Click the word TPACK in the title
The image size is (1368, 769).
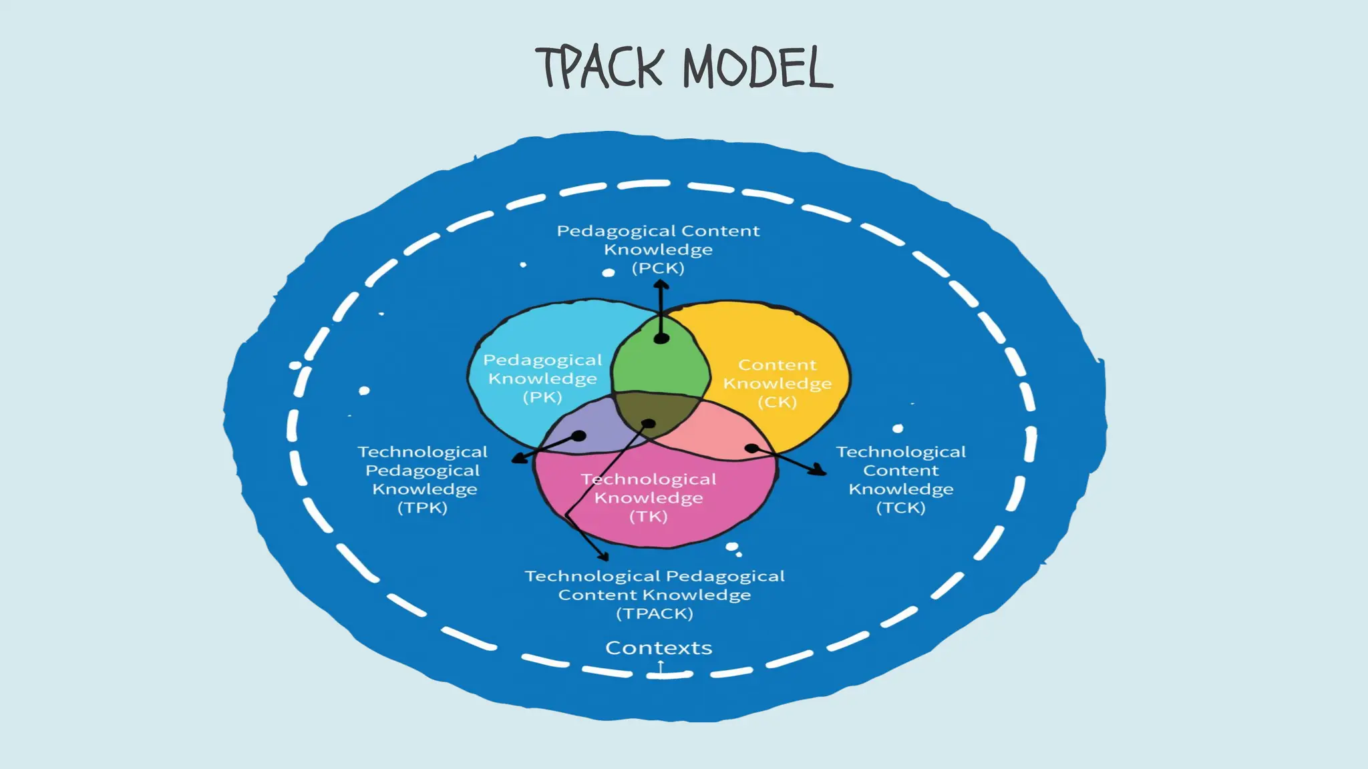click(x=599, y=67)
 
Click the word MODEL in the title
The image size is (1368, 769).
click(x=757, y=67)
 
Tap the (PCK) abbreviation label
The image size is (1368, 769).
click(x=658, y=268)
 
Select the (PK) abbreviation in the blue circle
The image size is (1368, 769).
click(x=542, y=397)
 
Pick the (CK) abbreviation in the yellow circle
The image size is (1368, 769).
click(x=777, y=402)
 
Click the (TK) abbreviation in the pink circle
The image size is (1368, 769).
click(x=648, y=516)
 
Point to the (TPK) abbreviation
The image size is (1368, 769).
click(x=422, y=507)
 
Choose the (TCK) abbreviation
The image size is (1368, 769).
click(x=900, y=507)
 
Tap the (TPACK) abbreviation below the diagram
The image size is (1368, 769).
click(x=655, y=613)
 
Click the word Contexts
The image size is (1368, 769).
click(x=659, y=648)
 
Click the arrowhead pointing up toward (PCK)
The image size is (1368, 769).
click(x=661, y=286)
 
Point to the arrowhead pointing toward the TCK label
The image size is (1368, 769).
click(x=818, y=471)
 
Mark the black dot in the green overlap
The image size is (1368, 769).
click(x=661, y=338)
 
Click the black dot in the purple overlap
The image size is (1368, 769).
click(x=579, y=436)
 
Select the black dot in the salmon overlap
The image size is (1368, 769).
click(x=751, y=448)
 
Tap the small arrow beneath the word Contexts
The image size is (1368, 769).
click(x=660, y=666)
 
